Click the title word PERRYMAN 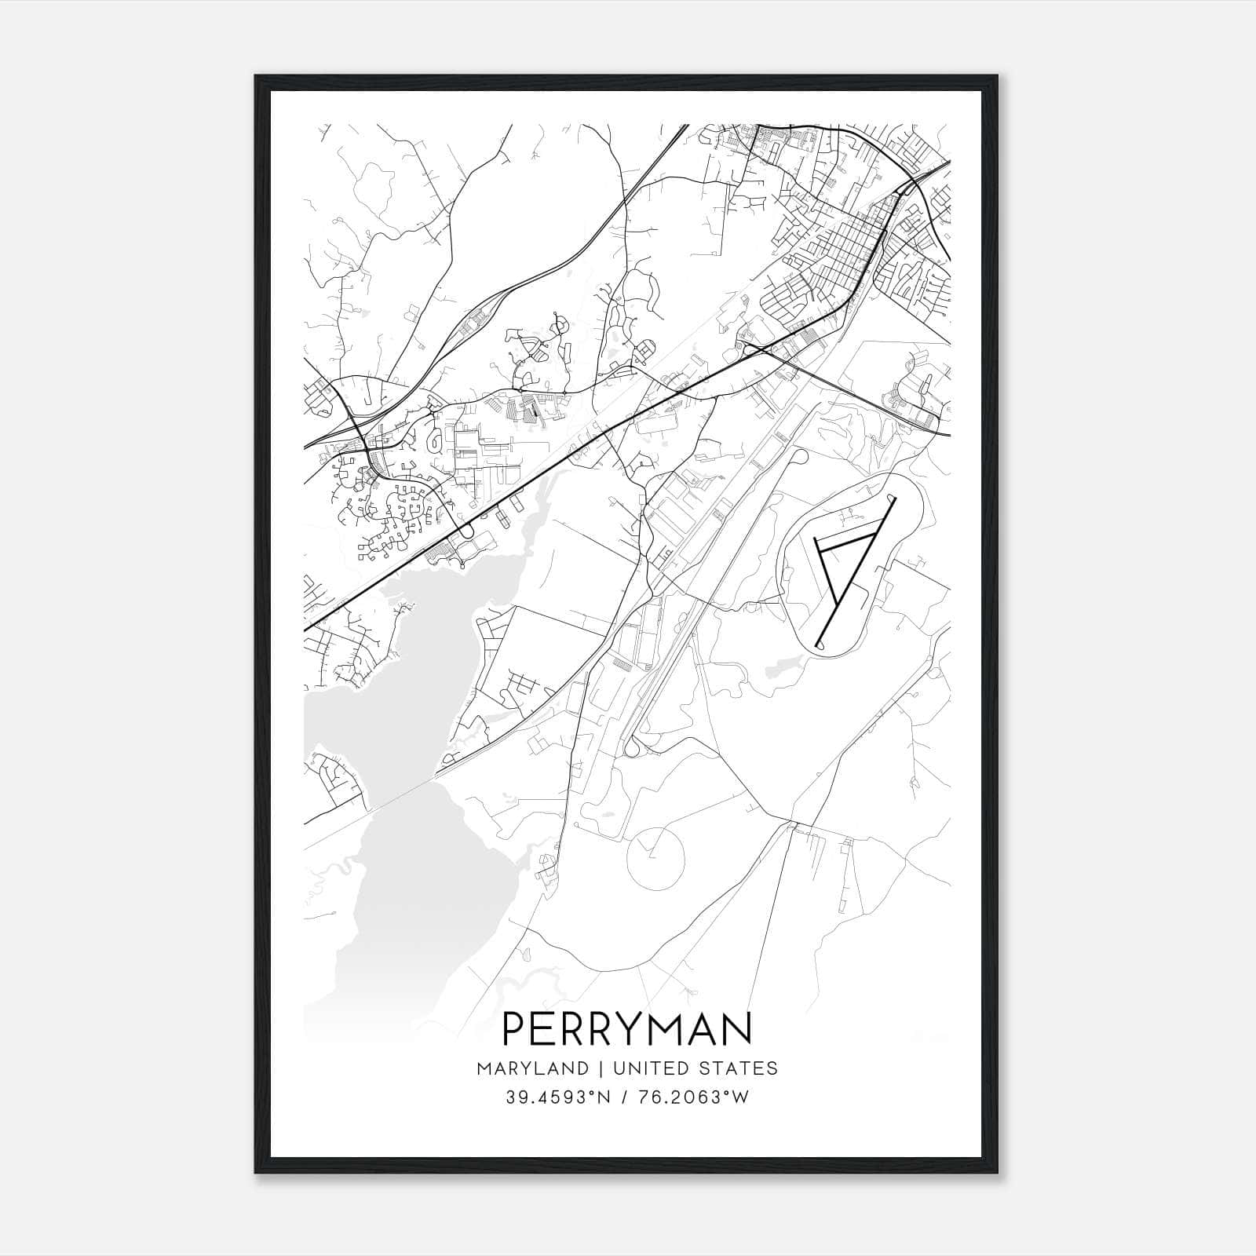(x=626, y=1028)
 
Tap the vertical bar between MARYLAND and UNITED (x=600, y=1068)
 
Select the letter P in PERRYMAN (x=514, y=1028)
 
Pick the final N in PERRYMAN (x=738, y=1028)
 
